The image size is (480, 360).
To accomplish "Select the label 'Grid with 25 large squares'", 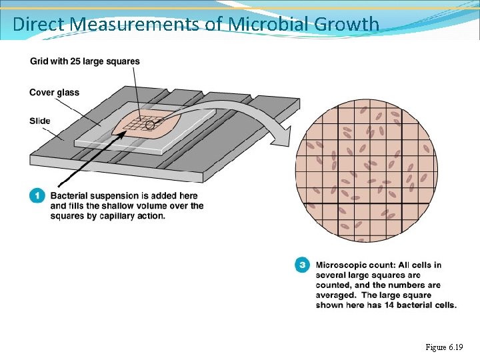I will point(85,61).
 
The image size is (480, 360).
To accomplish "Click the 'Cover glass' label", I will point(54,92).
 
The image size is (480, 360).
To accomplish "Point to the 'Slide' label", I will point(40,121).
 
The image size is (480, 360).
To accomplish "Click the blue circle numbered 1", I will point(37,196).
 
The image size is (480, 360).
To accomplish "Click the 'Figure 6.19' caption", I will point(443,347).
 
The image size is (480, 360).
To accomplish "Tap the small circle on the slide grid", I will point(151,125).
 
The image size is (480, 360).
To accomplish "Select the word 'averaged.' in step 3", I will point(337,295).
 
